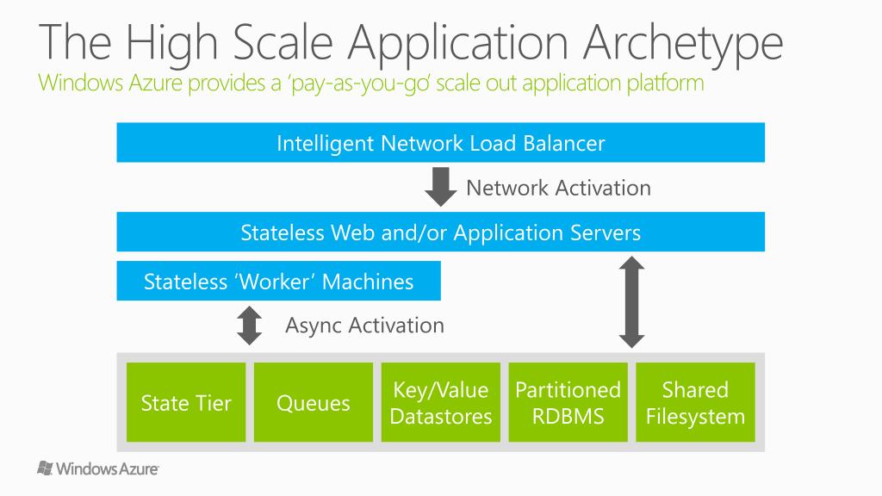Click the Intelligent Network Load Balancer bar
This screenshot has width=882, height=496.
click(440, 143)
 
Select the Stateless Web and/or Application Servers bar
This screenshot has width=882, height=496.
click(440, 232)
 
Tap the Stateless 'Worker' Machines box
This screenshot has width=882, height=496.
click(278, 282)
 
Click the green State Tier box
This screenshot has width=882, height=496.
click(186, 403)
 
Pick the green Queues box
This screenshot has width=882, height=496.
click(314, 403)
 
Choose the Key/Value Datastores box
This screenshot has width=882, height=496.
click(441, 403)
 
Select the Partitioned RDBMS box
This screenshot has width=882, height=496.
click(568, 403)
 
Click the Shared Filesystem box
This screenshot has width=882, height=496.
click(695, 403)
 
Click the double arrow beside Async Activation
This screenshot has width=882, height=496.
click(250, 325)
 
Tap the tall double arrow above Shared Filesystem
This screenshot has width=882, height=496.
click(632, 302)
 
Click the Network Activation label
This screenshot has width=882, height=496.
click(558, 188)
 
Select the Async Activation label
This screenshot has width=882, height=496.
click(364, 325)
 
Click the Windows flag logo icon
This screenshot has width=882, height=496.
click(46, 468)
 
